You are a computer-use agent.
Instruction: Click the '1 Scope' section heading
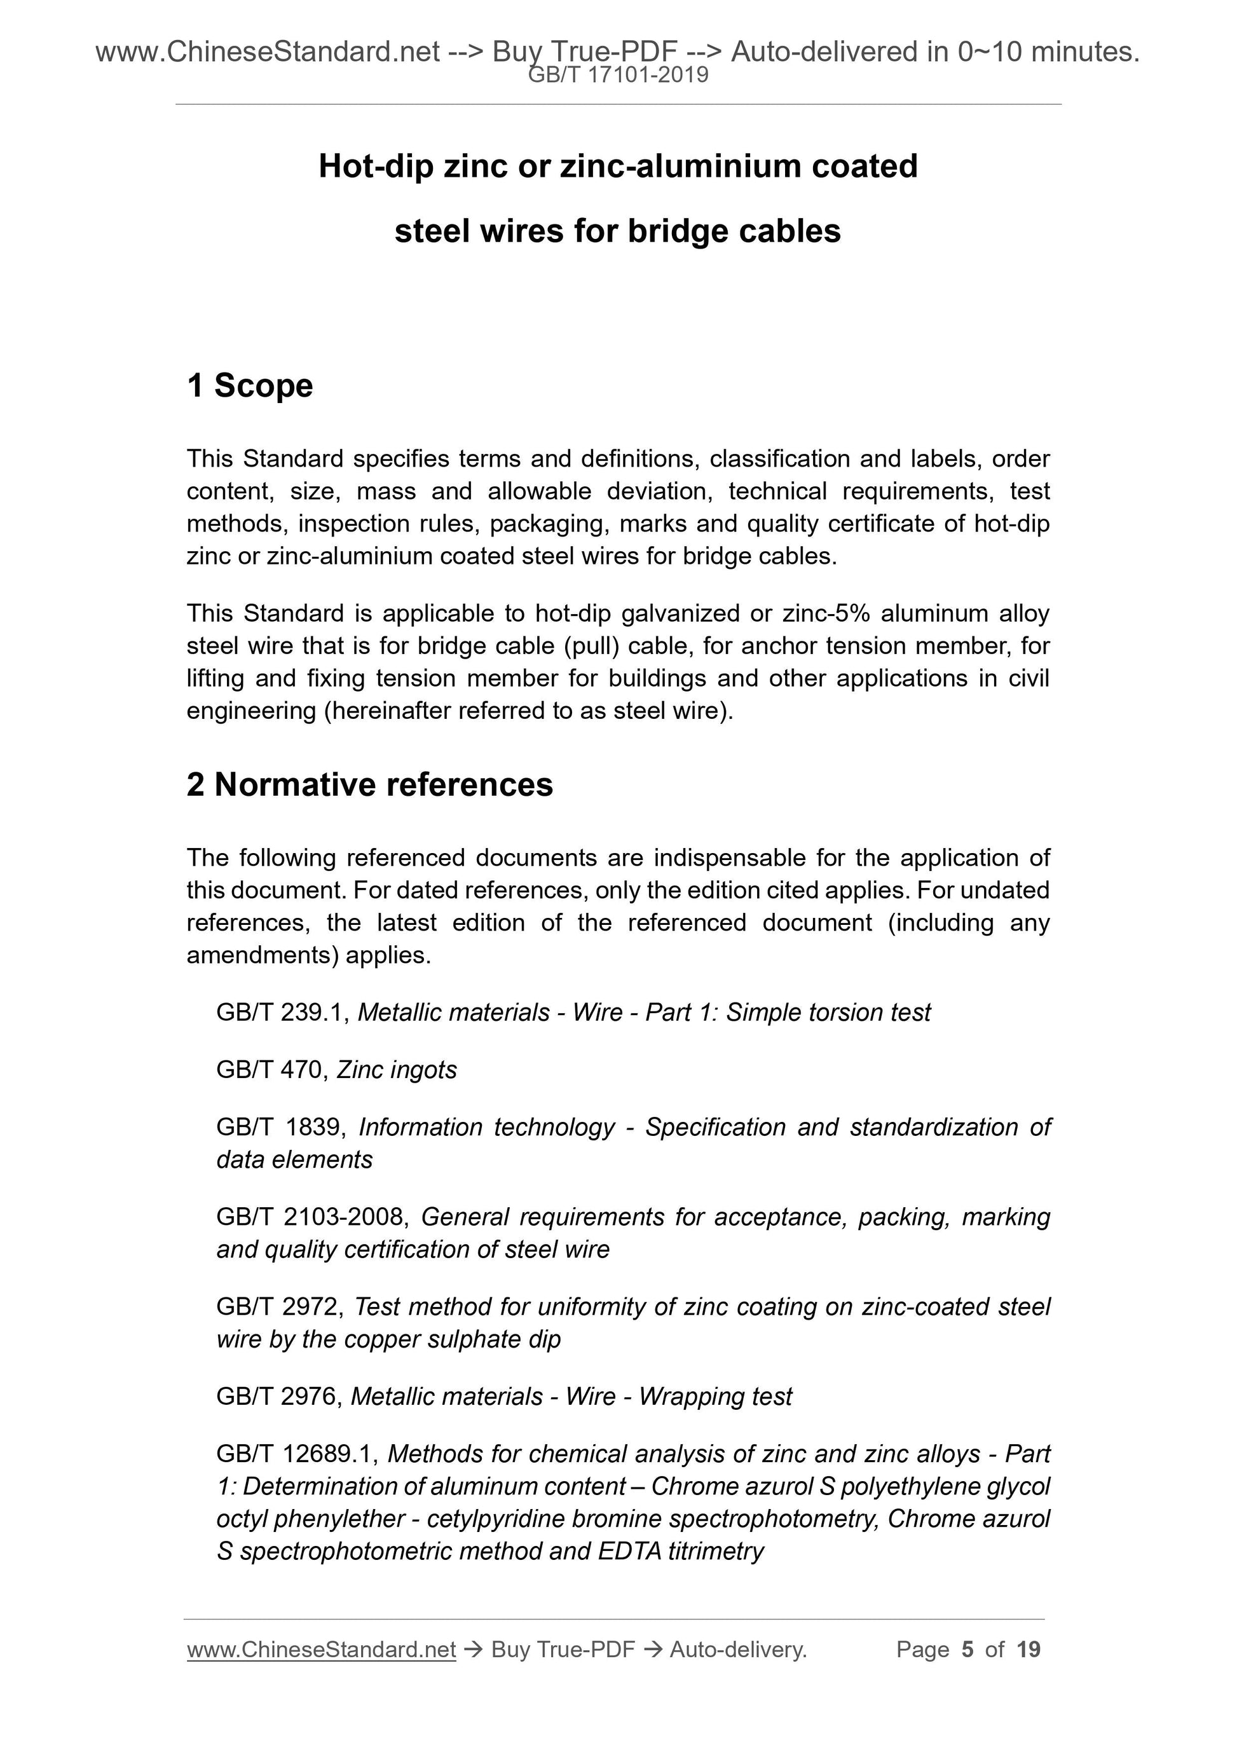pos(249,386)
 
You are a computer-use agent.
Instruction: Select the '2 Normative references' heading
pos(370,785)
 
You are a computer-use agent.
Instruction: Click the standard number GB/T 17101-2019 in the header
pos(618,75)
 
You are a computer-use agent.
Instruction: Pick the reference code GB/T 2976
pos(279,1397)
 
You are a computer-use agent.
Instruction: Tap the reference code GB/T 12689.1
pos(297,1454)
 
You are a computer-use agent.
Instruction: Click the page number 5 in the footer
pos(967,1650)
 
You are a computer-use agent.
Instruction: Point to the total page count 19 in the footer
pos(1028,1650)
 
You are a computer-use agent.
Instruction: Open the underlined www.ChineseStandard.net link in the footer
pos(321,1650)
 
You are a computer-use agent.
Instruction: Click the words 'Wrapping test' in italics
pos(715,1397)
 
